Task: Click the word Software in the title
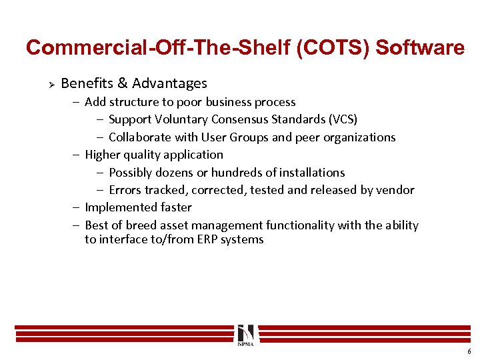420,48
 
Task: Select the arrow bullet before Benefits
49,84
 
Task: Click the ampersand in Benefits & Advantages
123,83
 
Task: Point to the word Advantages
169,83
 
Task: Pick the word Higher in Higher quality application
103,155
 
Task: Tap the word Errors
125,190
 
